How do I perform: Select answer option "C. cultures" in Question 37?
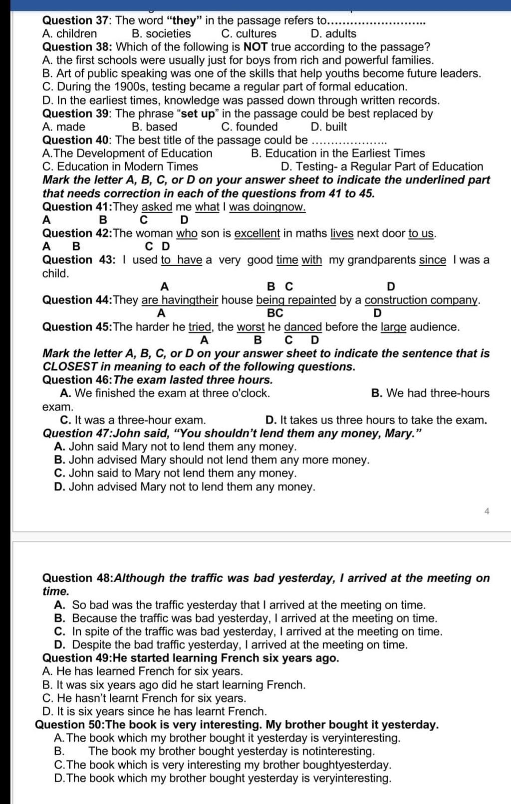249,34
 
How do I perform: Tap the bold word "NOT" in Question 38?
255,47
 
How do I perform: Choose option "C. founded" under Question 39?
249,127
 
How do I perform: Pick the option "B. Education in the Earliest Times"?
338,154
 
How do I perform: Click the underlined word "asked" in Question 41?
157,207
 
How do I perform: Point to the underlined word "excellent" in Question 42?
257,233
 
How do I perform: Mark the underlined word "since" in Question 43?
432,260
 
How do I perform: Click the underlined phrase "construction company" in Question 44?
421,300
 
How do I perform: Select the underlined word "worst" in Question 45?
251,327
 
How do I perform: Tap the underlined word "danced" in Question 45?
303,327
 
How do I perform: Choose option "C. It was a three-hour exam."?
133,420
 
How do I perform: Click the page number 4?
487,511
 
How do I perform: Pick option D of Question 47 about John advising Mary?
185,487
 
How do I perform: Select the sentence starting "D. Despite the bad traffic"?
231,645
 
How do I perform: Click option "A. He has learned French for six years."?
143,671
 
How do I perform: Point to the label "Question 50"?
68,725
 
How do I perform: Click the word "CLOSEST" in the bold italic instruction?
69,367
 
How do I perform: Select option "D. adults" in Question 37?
333,34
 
